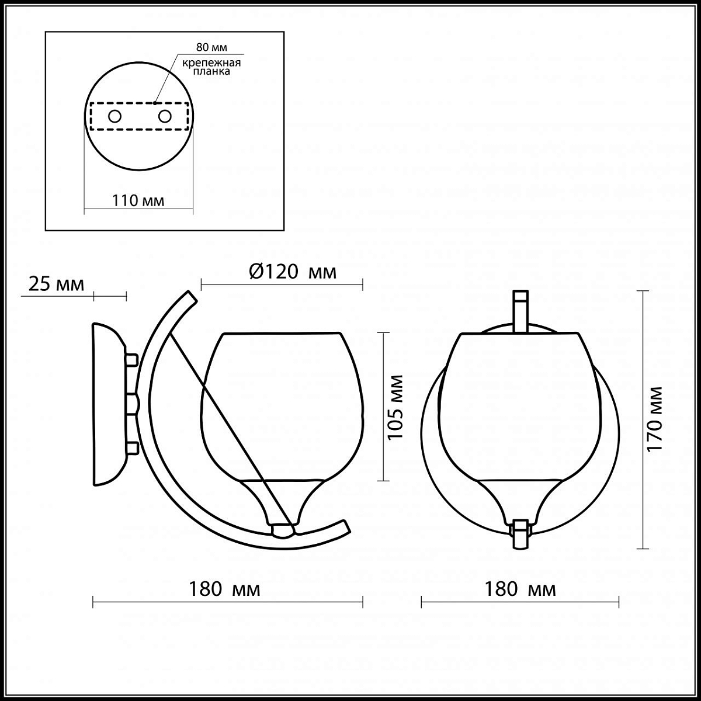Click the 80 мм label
pyautogui.click(x=211, y=47)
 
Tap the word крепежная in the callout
pyautogui.click(x=211, y=63)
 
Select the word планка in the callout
pyautogui.click(x=211, y=71)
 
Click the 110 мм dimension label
pyautogui.click(x=138, y=200)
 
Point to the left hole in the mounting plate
pyautogui.click(x=114, y=117)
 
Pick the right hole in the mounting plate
pyautogui.click(x=165, y=117)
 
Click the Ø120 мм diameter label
pyautogui.click(x=293, y=272)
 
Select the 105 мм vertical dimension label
pyautogui.click(x=395, y=407)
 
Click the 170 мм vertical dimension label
pyautogui.click(x=654, y=419)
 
